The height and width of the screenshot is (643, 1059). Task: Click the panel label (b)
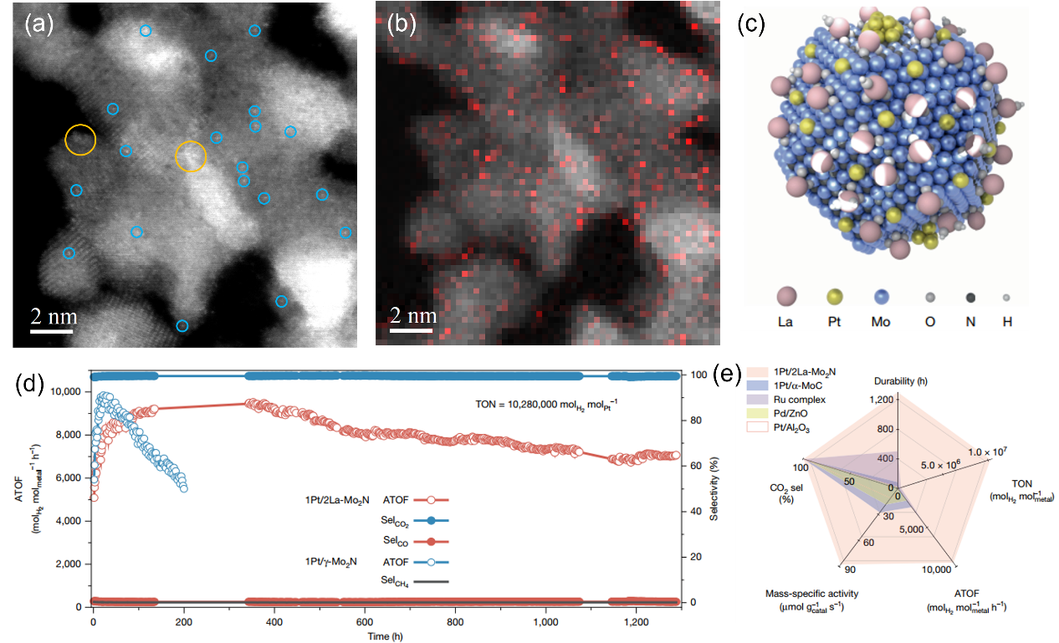click(x=401, y=24)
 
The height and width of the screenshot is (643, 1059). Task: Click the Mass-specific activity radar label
click(x=799, y=594)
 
